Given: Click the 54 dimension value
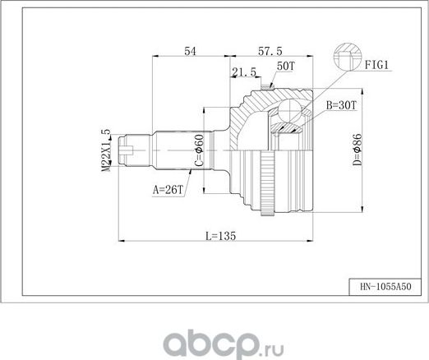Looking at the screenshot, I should (x=190, y=51).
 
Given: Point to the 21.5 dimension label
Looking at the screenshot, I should (x=243, y=72).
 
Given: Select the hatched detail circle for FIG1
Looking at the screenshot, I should (x=345, y=58).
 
